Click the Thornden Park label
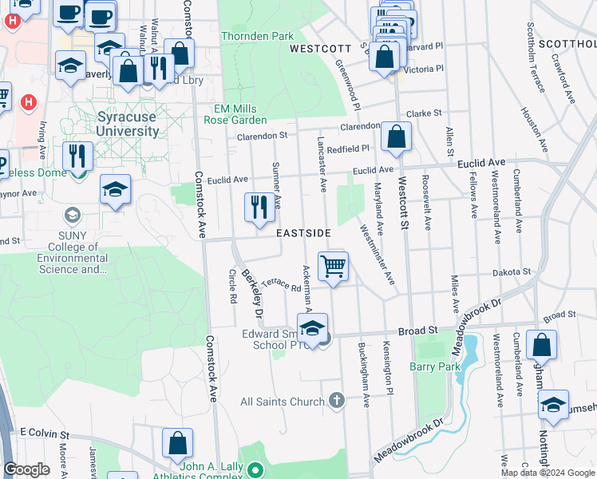[257, 36]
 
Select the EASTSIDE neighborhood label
[303, 233]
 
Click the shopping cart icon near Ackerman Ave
[333, 267]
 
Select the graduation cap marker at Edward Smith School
[312, 327]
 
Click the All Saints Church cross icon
[337, 399]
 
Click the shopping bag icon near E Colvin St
[177, 444]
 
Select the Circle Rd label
[232, 287]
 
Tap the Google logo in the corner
[27, 469]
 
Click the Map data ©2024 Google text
[548, 473]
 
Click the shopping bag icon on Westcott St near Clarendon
[396, 137]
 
